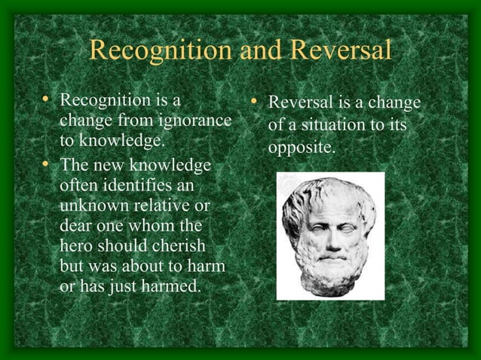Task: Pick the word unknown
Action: point(94,206)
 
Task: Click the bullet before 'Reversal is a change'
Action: point(255,101)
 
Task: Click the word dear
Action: point(75,226)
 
